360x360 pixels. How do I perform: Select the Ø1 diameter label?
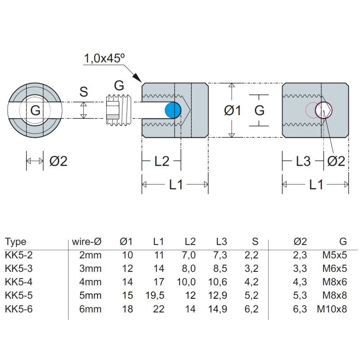(232, 110)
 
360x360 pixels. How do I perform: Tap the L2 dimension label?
(162, 161)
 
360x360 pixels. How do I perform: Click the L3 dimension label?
(303, 161)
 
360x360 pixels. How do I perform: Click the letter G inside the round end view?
(35, 110)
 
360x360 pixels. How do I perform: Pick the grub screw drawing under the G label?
(119, 110)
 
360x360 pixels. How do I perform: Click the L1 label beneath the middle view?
(175, 184)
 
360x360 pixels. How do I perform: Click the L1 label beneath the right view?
(315, 184)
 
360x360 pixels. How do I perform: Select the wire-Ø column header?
(86, 242)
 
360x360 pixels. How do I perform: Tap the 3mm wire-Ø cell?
(90, 269)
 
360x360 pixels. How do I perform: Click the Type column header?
(15, 242)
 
